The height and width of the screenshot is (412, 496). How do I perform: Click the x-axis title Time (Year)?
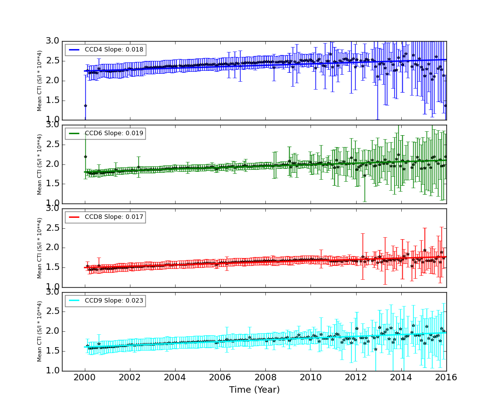pyautogui.click(x=254, y=390)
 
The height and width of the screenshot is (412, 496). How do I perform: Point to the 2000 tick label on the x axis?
pyautogui.click(x=85, y=377)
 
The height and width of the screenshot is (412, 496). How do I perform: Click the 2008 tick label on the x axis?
pyautogui.click(x=265, y=377)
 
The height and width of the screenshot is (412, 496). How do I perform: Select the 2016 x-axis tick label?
pyautogui.click(x=446, y=377)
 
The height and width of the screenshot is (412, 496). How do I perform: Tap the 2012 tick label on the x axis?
pyautogui.click(x=356, y=377)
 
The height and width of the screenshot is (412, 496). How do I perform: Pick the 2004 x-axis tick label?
pyautogui.click(x=175, y=377)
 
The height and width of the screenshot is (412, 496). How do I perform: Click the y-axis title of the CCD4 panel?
pyautogui.click(x=40, y=80)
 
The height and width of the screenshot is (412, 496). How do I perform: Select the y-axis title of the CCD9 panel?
pyautogui.click(x=40, y=331)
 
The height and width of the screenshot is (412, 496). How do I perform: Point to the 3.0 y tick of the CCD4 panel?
pyautogui.click(x=53, y=41)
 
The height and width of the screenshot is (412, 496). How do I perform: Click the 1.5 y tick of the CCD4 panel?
pyautogui.click(x=53, y=101)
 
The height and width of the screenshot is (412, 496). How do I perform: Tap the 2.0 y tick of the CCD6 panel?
pyautogui.click(x=53, y=164)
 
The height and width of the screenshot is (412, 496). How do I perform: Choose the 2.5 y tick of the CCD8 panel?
pyautogui.click(x=53, y=228)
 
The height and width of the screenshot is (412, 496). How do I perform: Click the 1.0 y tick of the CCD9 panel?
pyautogui.click(x=53, y=370)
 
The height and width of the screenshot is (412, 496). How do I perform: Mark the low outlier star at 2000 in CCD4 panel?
pyautogui.click(x=85, y=105)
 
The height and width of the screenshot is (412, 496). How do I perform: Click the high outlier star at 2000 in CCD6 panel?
pyautogui.click(x=85, y=156)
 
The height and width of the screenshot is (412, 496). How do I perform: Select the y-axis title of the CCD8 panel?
pyautogui.click(x=40, y=248)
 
